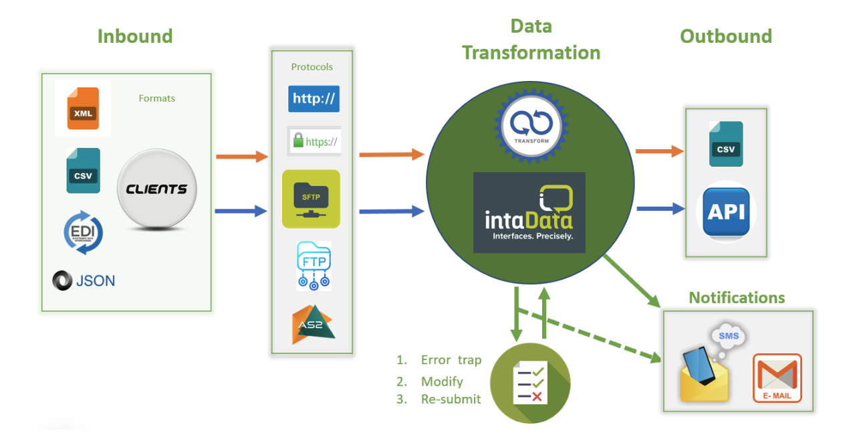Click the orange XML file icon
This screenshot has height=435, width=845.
pos(83,108)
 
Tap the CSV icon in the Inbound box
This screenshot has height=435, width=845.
pos(83,171)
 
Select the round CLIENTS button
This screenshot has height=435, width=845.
pos(156,189)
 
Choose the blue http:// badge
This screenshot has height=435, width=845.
pos(314,98)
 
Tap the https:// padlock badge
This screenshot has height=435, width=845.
pos(314,141)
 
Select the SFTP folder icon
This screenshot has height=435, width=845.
pos(311,199)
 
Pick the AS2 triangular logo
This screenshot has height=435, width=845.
pos(312,325)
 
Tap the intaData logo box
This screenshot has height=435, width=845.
pos(529,212)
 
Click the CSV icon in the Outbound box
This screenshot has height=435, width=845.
pos(725,144)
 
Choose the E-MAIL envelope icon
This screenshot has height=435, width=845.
pos(777,378)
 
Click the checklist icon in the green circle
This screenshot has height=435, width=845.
pos(530,382)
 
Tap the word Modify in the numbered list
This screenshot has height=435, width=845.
pos(442,381)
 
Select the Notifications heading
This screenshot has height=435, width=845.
pos(737,298)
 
